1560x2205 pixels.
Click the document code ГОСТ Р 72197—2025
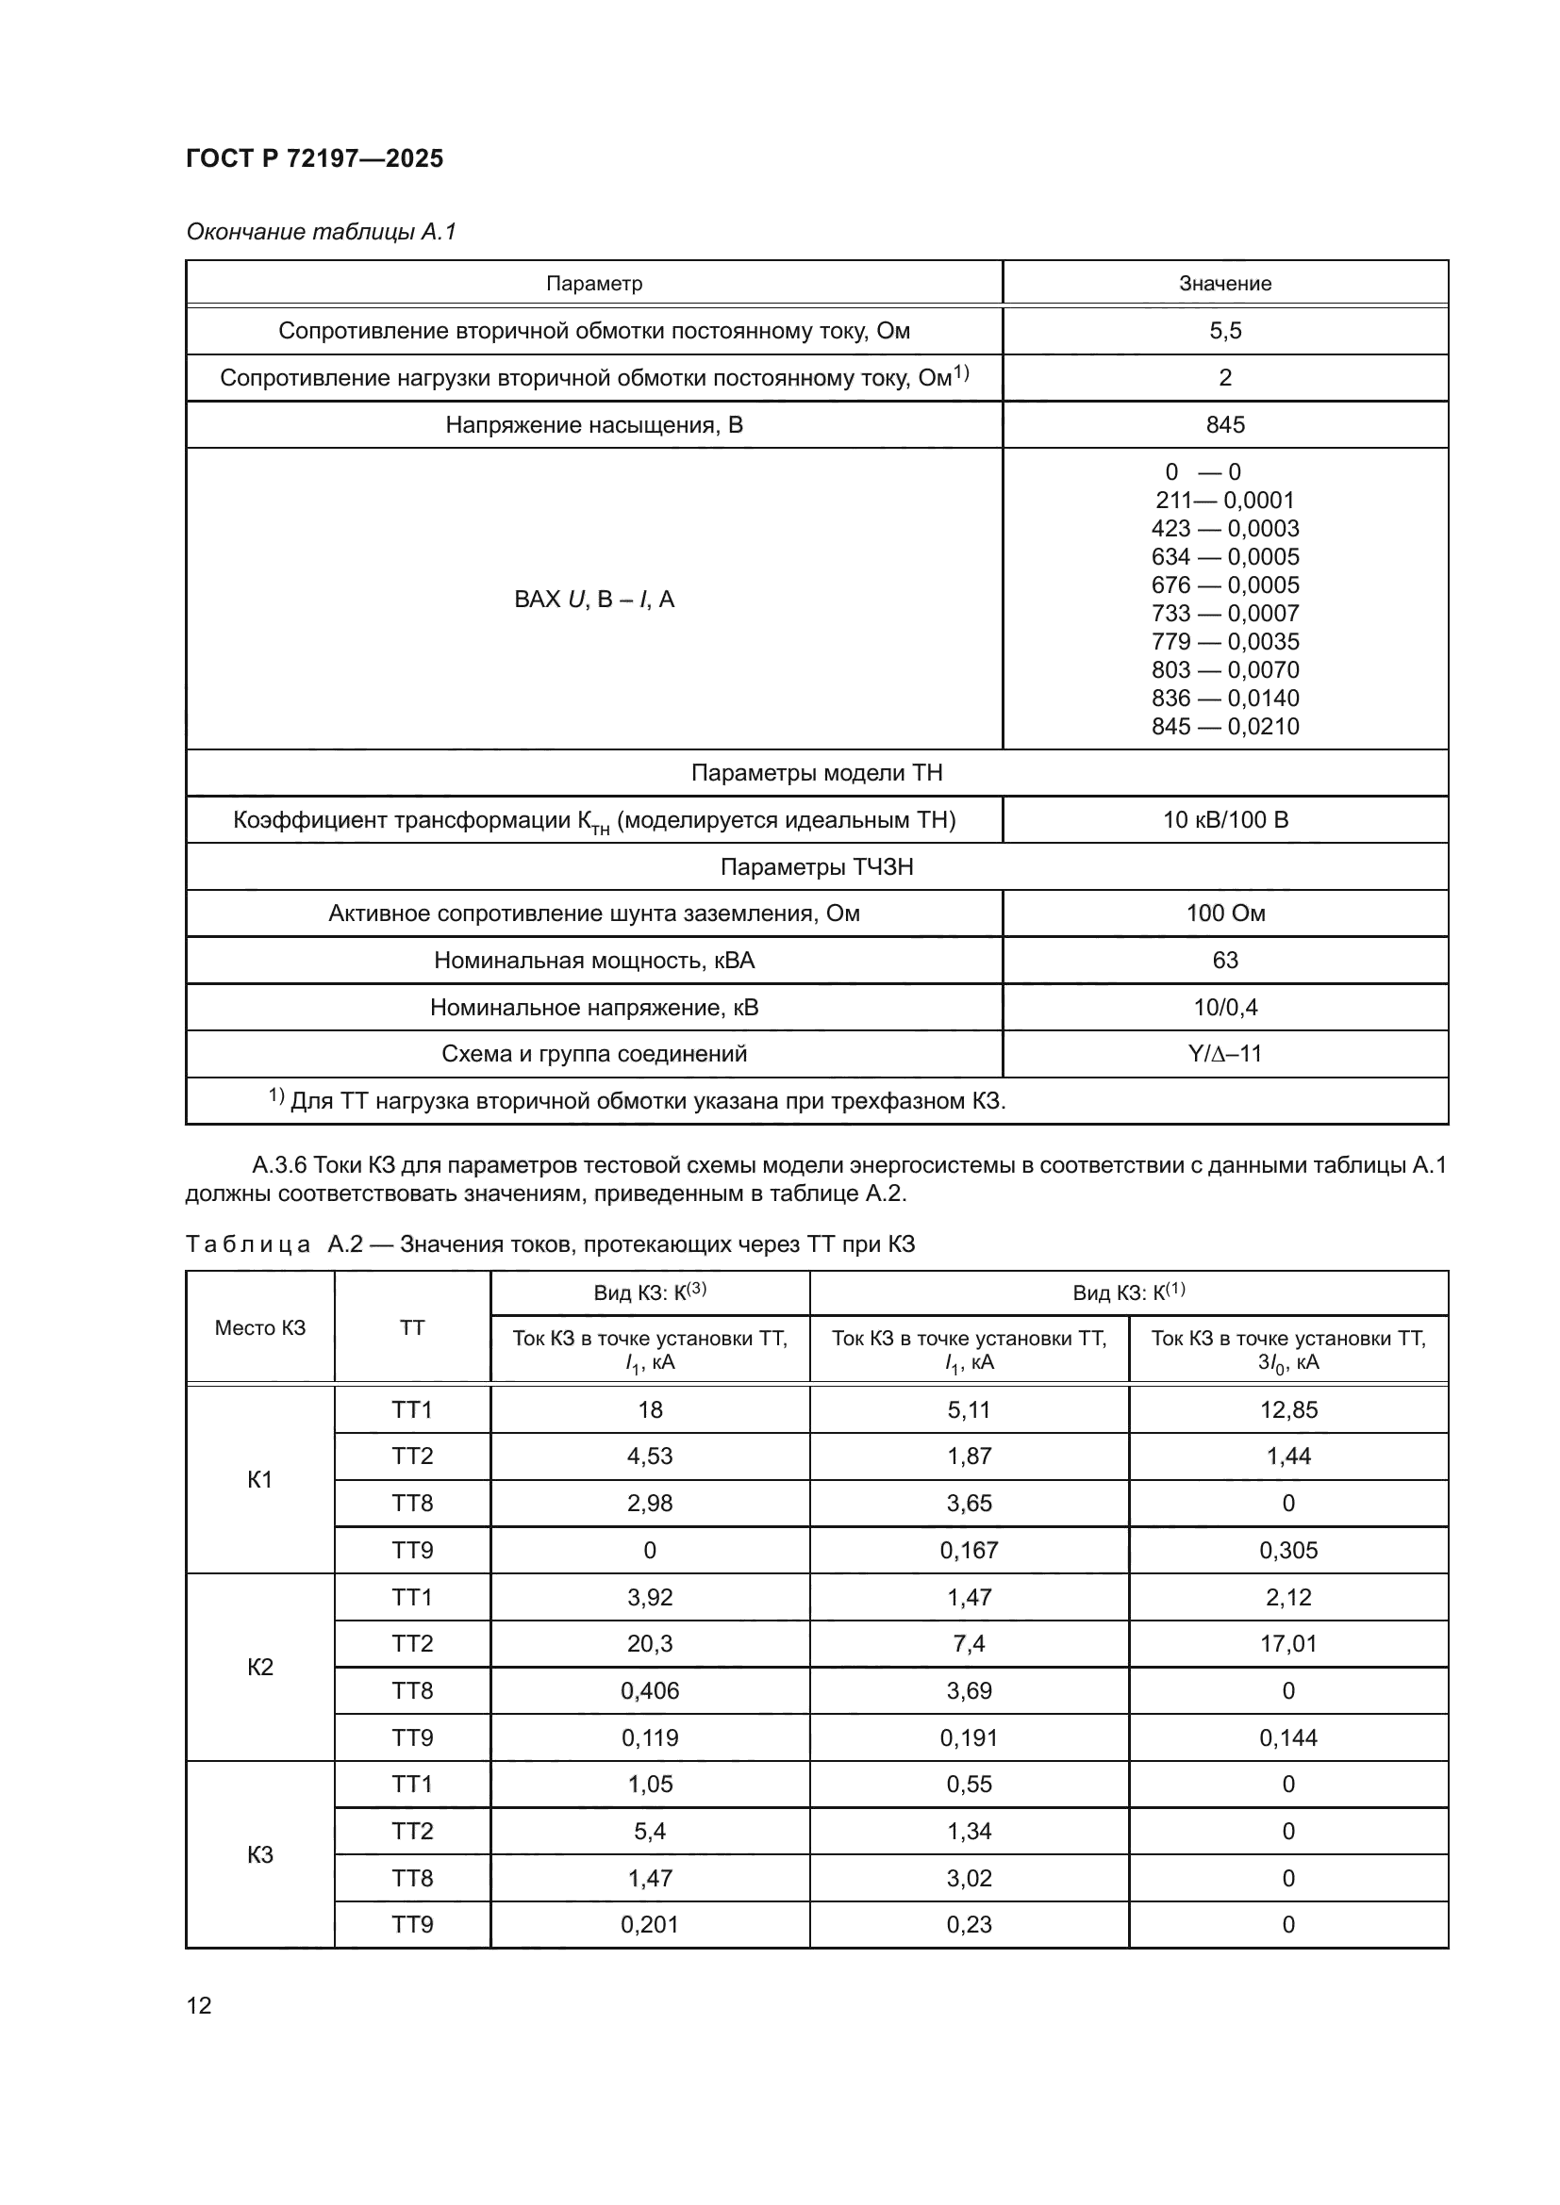[314, 158]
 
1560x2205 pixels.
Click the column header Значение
[1225, 284]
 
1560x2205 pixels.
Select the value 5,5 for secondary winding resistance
[1225, 330]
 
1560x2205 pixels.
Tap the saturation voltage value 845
[1225, 424]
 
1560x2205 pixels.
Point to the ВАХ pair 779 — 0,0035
[1225, 642]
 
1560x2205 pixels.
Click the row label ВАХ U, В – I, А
[593, 600]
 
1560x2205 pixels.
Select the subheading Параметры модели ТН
[817, 773]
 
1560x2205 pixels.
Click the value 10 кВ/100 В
[1225, 820]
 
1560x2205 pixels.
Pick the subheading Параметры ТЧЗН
[817, 867]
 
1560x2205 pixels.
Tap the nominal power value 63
[1225, 961]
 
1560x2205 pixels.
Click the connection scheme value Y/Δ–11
[1225, 1055]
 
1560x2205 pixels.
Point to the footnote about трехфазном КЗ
[637, 1101]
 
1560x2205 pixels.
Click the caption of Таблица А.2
[550, 1244]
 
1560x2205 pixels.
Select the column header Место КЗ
[259, 1328]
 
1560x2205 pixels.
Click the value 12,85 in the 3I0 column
[1288, 1409]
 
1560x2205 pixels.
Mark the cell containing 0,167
[969, 1550]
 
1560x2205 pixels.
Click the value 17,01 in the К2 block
[1288, 1643]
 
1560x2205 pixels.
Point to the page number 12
[199, 2005]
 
